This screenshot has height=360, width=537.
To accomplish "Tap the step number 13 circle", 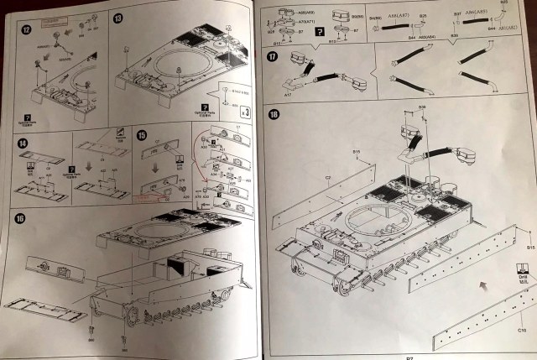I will point(118,18).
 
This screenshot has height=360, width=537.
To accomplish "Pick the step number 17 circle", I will point(274,57).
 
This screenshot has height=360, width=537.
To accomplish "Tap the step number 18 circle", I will point(274,115).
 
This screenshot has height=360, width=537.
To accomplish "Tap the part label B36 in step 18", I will point(422,107).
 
